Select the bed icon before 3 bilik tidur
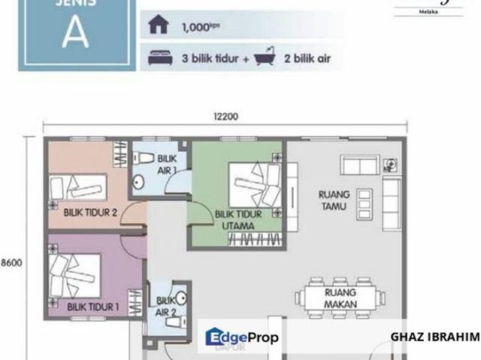160,57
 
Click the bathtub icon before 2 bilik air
265,57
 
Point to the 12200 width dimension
225,116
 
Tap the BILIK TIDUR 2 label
90,213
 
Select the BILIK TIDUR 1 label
93,307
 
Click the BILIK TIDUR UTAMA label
238,219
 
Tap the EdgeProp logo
242,337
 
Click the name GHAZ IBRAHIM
434,337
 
